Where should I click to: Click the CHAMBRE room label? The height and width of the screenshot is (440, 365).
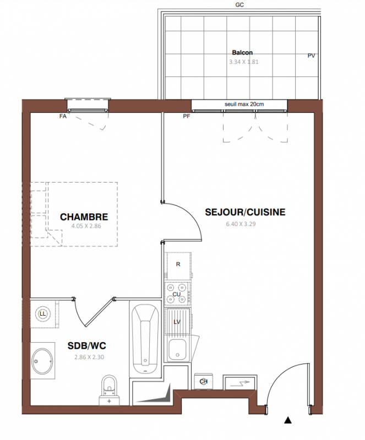point(84,217)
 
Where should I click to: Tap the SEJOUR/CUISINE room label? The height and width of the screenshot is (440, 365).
point(245,212)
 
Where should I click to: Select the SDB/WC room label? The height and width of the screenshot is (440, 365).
point(87,346)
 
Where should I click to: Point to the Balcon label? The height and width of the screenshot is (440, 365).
point(242,52)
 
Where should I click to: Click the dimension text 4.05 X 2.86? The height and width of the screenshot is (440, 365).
point(86,226)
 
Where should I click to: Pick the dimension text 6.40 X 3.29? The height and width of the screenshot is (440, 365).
point(241,224)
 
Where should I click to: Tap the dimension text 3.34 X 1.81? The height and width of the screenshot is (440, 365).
point(244,62)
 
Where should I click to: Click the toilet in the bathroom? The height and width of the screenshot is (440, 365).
point(110,390)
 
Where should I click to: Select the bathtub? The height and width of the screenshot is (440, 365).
point(145,339)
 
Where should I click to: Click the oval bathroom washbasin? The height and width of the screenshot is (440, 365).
point(42,360)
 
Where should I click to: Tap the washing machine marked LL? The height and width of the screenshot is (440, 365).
point(43,313)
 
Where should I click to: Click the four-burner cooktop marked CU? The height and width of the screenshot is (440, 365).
point(177,294)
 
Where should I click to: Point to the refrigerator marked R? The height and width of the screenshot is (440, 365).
point(178,266)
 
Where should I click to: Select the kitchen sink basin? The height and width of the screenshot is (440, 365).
point(177,350)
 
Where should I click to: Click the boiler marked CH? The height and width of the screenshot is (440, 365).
point(204,381)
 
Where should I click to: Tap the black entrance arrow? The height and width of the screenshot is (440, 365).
point(288,420)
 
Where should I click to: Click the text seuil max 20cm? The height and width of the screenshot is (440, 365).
point(244,104)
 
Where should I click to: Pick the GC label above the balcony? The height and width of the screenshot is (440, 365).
point(239,5)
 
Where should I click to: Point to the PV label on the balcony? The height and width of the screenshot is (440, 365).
point(311,56)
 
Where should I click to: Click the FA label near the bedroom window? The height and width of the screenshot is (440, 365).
point(63,116)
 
